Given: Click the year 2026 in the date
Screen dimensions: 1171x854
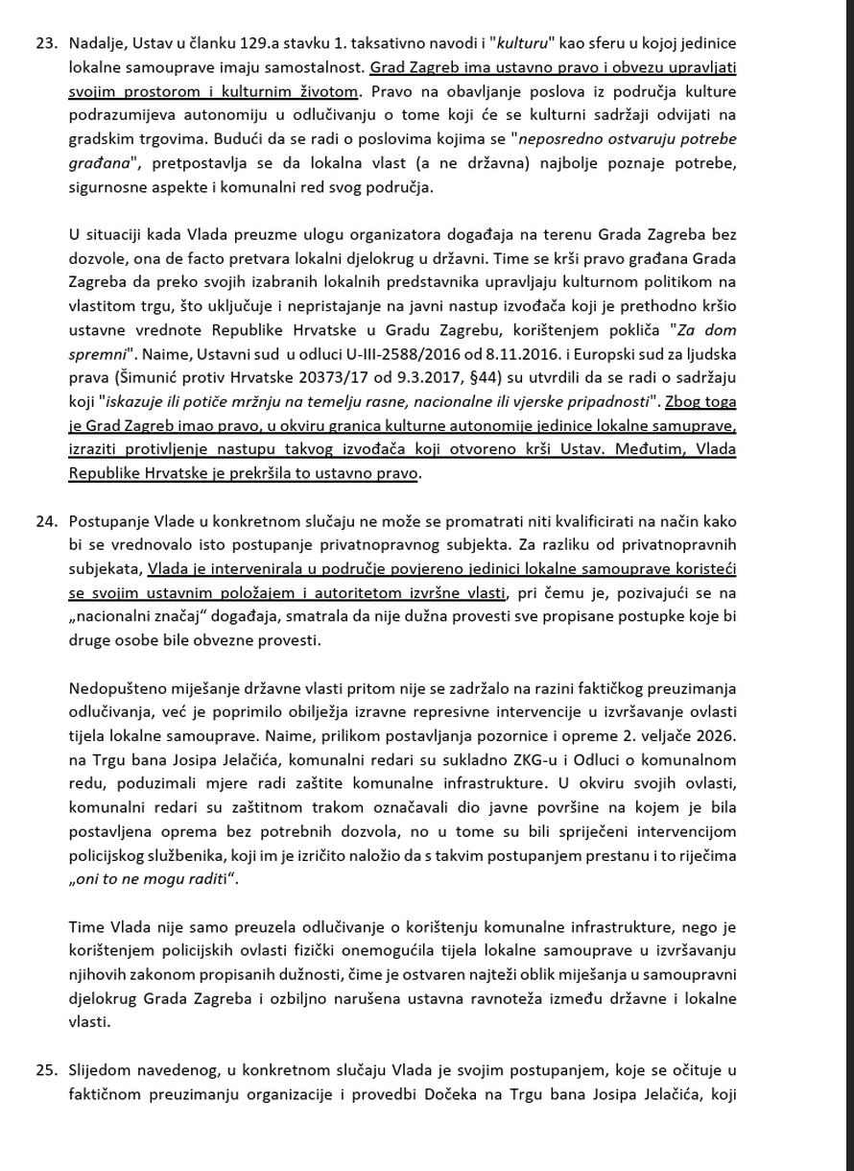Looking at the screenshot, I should pos(717,734).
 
